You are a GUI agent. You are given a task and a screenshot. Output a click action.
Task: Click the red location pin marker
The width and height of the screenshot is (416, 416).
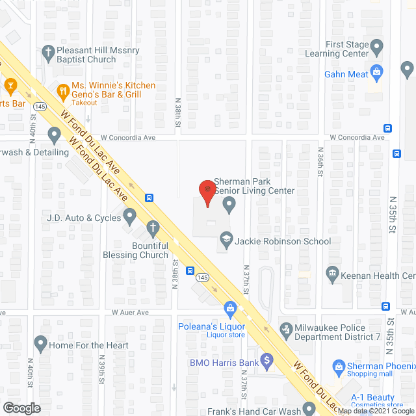click(207, 190)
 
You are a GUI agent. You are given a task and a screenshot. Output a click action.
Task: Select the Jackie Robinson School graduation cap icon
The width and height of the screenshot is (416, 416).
click(226, 240)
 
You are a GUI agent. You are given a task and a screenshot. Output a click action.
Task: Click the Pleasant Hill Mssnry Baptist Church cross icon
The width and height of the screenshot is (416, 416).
click(47, 50)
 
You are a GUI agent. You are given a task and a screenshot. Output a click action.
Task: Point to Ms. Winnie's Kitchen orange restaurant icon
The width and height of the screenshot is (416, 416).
click(62, 90)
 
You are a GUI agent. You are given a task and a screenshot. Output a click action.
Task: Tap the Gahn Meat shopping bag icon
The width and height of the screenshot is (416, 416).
click(376, 71)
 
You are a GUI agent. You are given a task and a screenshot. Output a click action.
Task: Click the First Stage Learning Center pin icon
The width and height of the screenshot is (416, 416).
click(377, 46)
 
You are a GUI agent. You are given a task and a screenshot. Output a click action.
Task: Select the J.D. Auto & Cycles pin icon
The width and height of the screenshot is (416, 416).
click(129, 214)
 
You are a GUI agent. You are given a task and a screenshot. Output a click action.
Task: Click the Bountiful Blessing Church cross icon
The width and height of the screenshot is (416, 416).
click(153, 228)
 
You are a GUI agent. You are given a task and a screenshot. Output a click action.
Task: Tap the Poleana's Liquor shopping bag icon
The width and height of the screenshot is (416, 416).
click(229, 307)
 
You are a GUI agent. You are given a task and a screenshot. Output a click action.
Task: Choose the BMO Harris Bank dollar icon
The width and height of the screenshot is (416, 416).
click(266, 359)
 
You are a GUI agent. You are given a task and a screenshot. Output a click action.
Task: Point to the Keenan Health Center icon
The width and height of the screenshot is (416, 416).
click(332, 273)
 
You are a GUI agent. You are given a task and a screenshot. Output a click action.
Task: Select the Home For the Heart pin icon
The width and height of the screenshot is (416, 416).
click(40, 341)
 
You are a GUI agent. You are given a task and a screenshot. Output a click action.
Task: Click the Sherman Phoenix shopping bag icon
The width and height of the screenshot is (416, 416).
click(338, 367)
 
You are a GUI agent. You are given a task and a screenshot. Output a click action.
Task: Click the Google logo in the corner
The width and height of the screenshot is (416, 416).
click(21, 408)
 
